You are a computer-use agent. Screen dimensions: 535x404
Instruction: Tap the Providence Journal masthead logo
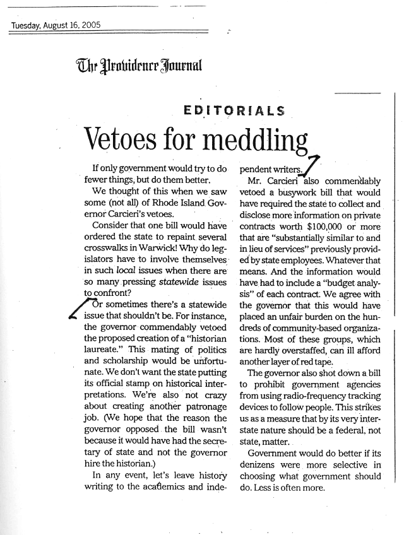pyautogui.click(x=139, y=64)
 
